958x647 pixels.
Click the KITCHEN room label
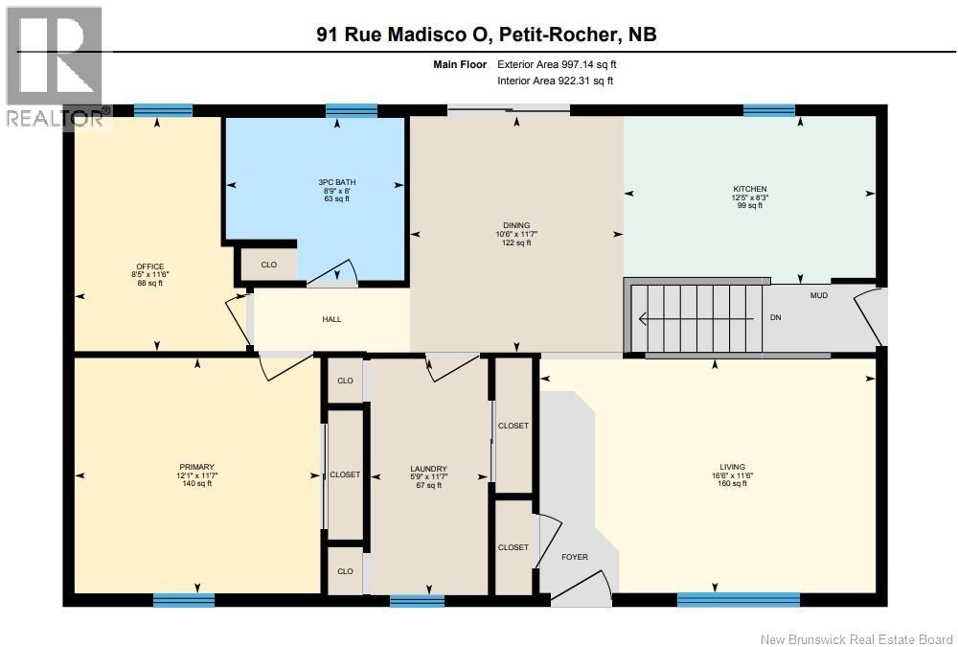tap(749, 189)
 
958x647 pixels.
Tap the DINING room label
tap(516, 225)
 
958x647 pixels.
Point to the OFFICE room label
tap(149, 266)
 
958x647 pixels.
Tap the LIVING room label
tap(732, 467)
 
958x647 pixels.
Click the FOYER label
tap(575, 557)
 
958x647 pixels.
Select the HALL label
tap(331, 319)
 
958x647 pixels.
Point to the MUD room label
tap(818, 295)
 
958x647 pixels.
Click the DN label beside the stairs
tap(776, 317)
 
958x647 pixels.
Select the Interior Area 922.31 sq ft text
tap(556, 81)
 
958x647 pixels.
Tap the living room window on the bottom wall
tap(738, 600)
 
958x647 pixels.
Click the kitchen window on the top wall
tap(768, 110)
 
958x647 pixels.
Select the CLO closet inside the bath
tap(268, 265)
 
